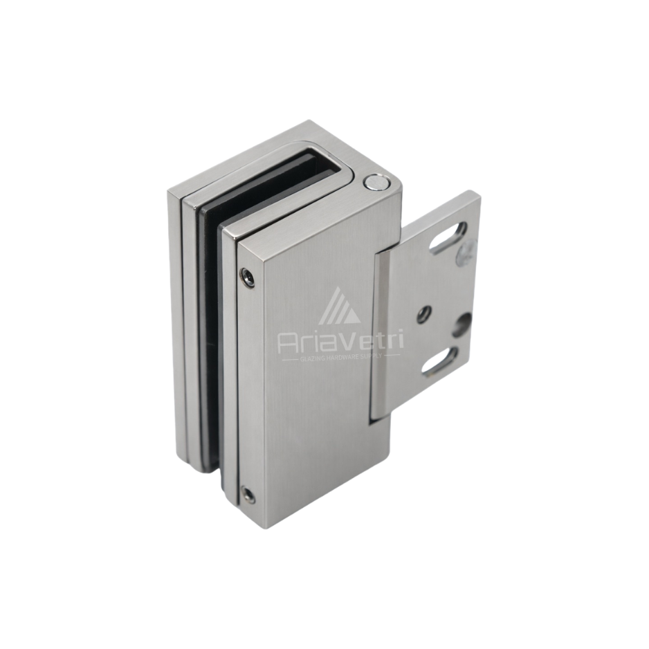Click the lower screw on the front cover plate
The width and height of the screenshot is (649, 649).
coord(248,495)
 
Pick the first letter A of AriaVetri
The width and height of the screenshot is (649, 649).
coord(289,342)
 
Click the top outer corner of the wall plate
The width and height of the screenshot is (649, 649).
coord(476,195)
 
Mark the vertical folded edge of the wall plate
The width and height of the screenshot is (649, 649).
coord(378,339)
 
